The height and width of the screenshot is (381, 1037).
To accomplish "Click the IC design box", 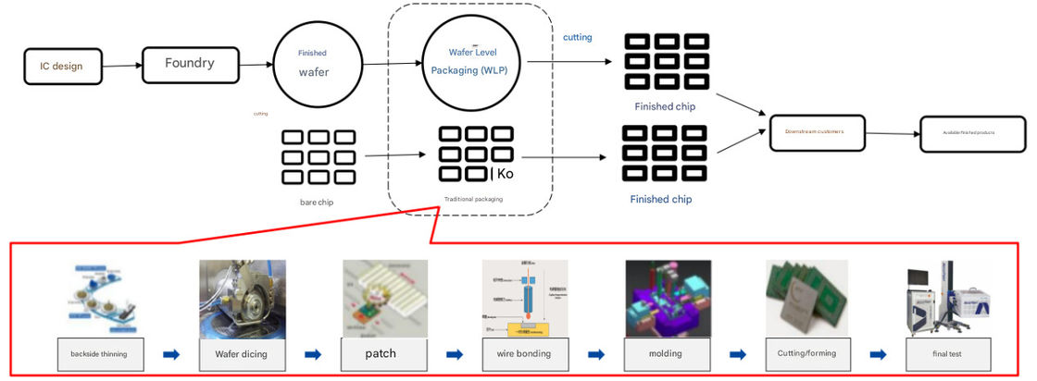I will click(63, 66).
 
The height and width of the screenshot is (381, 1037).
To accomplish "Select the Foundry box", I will click(189, 65).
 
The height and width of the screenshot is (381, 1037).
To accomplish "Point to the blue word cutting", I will click(577, 38).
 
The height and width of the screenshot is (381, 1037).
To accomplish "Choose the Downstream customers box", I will click(818, 133).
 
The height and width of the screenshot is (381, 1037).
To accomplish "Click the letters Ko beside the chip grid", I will click(505, 174).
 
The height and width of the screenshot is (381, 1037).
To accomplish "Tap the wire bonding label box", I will click(523, 354).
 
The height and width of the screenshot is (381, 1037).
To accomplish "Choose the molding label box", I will click(666, 354).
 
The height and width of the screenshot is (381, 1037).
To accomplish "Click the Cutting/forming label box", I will click(807, 354).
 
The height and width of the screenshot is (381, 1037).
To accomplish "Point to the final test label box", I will click(947, 354).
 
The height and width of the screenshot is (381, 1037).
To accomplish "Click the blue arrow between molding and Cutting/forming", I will click(738, 354).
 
